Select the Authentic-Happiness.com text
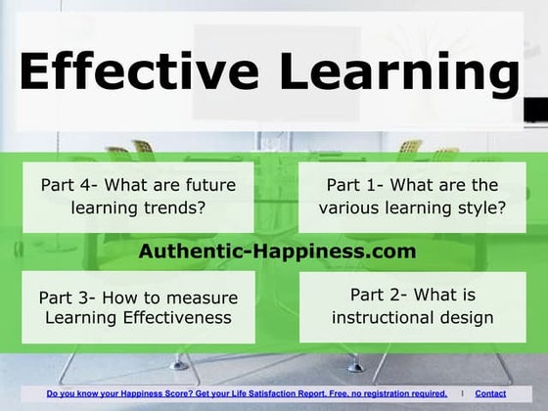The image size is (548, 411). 277,251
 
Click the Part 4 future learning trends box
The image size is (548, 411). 137,196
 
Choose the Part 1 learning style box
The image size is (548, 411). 412,196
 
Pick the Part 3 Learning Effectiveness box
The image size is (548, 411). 137,306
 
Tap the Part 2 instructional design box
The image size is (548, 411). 412,306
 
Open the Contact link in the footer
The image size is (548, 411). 518,393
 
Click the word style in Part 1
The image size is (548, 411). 477,207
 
